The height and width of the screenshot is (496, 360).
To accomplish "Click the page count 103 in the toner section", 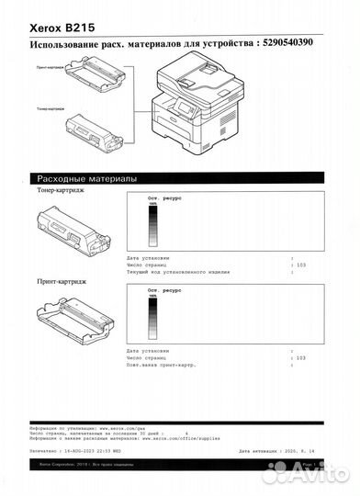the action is pos(299,265).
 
